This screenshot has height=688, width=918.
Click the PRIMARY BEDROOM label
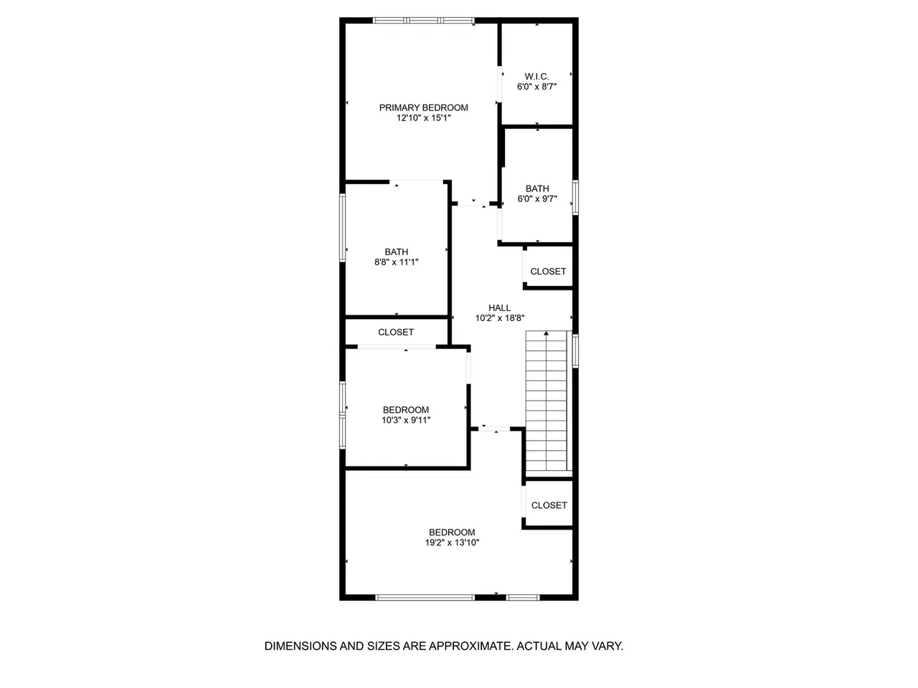pyautogui.click(x=423, y=107)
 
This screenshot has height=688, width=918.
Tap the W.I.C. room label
pyautogui.click(x=536, y=77)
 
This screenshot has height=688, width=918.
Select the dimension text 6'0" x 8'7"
pyautogui.click(x=536, y=87)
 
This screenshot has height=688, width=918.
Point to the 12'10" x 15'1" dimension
pyautogui.click(x=423, y=118)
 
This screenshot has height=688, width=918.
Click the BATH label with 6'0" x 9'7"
pyautogui.click(x=537, y=188)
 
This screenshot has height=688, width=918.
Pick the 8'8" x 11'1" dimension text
pyautogui.click(x=396, y=262)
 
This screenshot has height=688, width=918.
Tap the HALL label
pyautogui.click(x=499, y=308)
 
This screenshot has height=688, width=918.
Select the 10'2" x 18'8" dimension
pyautogui.click(x=499, y=318)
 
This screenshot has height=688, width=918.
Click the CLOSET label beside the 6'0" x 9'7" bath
pyautogui.click(x=548, y=272)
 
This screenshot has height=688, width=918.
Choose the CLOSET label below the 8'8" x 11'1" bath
pyautogui.click(x=396, y=332)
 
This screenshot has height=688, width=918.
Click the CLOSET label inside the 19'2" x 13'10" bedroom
pyautogui.click(x=549, y=505)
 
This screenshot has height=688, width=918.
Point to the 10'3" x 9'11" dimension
pyautogui.click(x=406, y=420)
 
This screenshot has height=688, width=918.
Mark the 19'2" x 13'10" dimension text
pyautogui.click(x=452, y=543)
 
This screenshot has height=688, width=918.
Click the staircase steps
pyautogui.click(x=546, y=401)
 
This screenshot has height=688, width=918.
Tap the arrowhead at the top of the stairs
pyautogui.click(x=546, y=333)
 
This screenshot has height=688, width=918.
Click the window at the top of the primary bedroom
pyautogui.click(x=423, y=20)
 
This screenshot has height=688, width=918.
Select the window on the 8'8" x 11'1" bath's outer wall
pyautogui.click(x=342, y=228)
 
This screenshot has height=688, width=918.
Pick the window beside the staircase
pyautogui.click(x=575, y=351)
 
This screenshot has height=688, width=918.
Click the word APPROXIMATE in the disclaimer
pyautogui.click(x=471, y=646)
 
